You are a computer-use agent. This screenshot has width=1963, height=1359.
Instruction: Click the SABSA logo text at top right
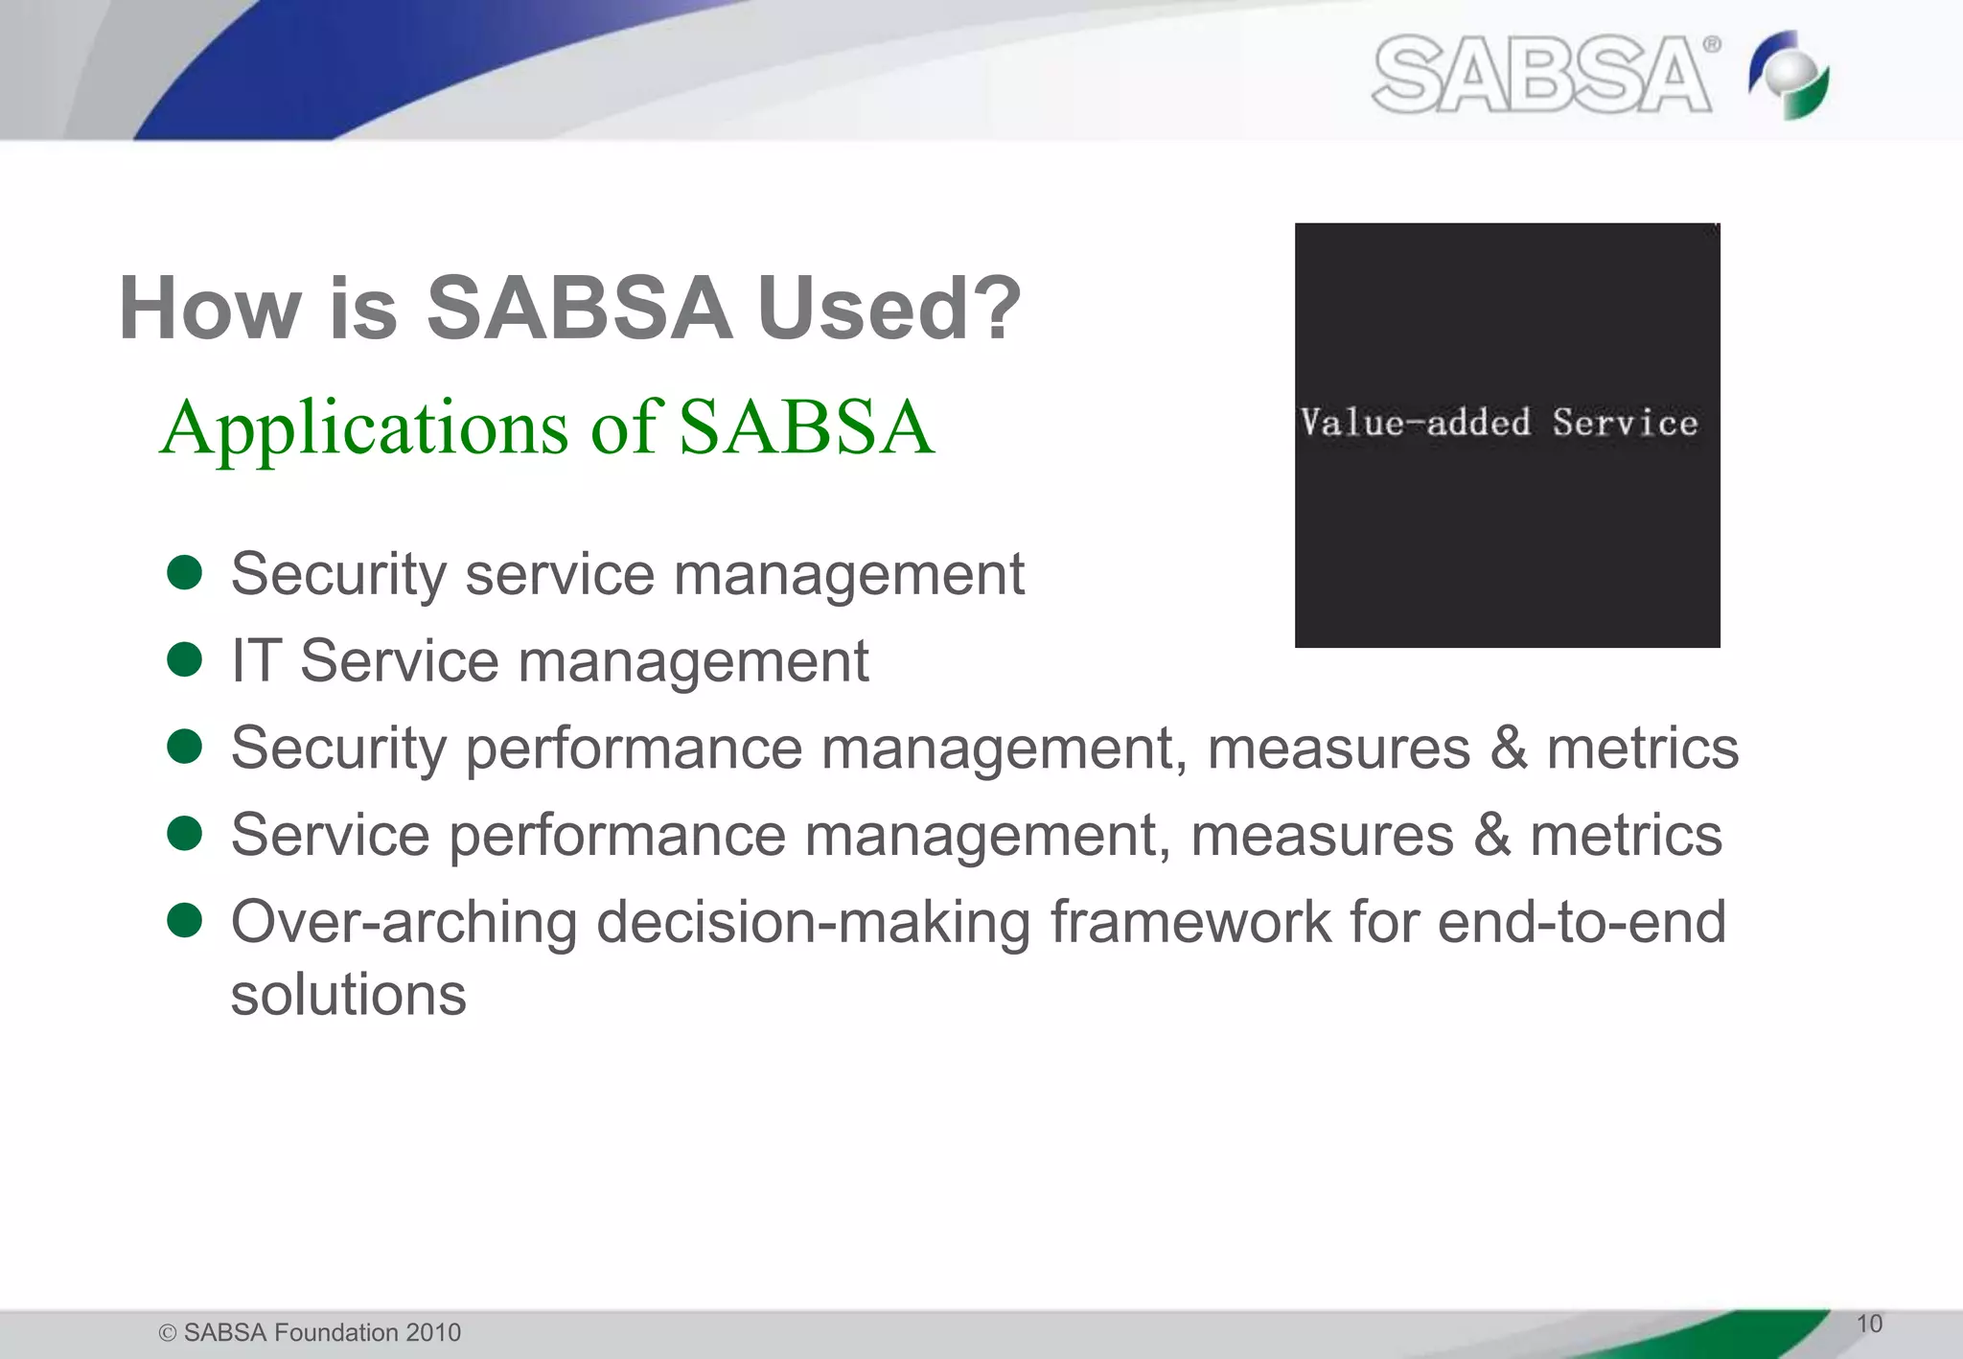click(x=1541, y=75)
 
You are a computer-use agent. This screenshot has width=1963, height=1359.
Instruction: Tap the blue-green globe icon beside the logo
click(x=1789, y=75)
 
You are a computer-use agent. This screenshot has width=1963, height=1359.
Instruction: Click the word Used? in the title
click(x=889, y=309)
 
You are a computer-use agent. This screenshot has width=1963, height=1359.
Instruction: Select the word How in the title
click(x=209, y=309)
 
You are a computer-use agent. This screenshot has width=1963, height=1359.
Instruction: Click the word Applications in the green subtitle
click(x=364, y=428)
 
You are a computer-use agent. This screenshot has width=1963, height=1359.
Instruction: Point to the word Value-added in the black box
click(x=1415, y=423)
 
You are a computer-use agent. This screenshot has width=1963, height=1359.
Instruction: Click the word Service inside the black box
click(x=1625, y=423)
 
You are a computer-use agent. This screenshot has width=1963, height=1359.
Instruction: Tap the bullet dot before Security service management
click(x=184, y=573)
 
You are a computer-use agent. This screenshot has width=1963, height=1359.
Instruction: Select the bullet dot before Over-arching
click(x=184, y=921)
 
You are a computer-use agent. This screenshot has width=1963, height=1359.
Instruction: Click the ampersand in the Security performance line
click(x=1509, y=749)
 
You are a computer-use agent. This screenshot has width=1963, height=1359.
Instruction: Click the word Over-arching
click(x=404, y=922)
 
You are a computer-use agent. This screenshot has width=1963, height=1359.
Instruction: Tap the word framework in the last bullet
click(x=1189, y=922)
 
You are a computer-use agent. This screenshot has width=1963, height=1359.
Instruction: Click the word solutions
click(x=348, y=995)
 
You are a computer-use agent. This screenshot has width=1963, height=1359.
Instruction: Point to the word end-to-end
click(x=1582, y=922)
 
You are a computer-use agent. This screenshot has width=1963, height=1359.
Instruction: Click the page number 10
click(x=1869, y=1324)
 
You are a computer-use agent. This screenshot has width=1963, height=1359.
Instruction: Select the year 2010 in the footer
click(x=433, y=1333)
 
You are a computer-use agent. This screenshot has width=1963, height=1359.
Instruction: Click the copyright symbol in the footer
click(x=168, y=1333)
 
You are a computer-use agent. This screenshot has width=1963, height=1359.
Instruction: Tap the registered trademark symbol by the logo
click(x=1712, y=44)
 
